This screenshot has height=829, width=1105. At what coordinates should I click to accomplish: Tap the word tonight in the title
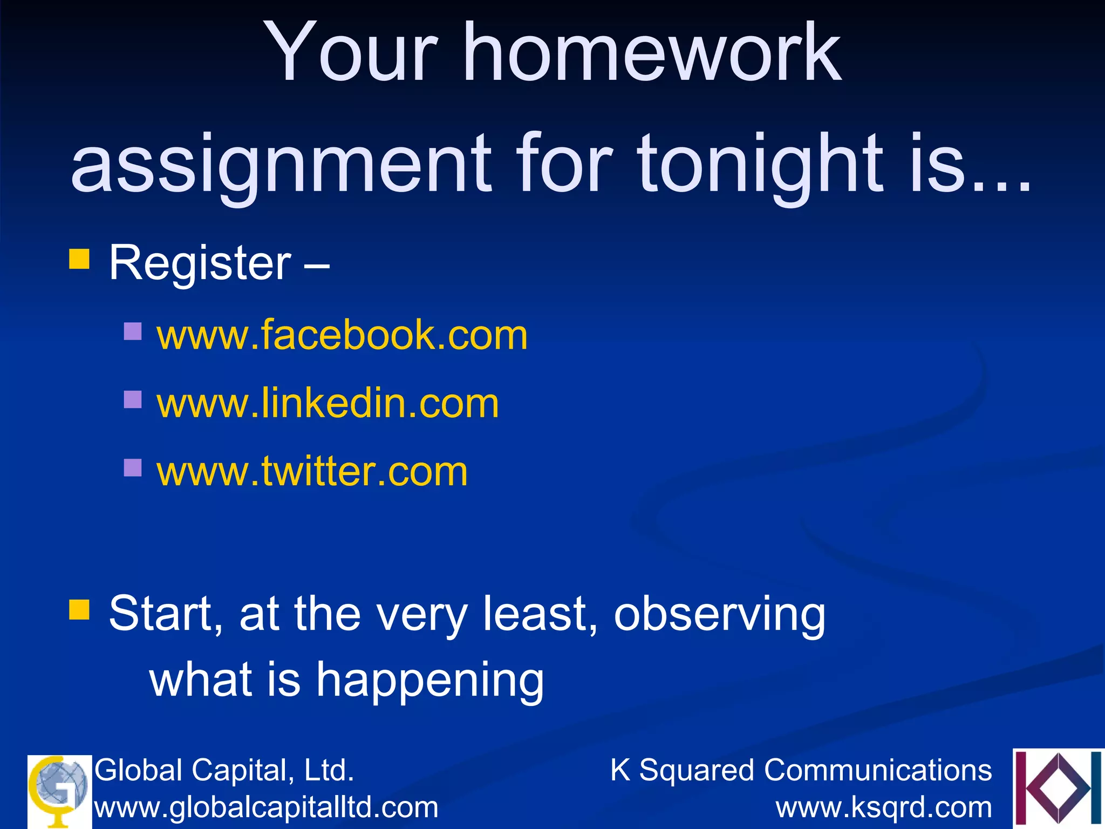pos(761,165)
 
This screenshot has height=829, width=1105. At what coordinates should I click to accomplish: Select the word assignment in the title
pos(281,165)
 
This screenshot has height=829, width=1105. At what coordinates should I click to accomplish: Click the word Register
pos(200,264)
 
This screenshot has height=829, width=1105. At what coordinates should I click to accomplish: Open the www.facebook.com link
pos(342,336)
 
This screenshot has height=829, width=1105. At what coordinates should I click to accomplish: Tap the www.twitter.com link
pos(312,472)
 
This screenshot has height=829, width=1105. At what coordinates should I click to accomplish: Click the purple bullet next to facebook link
pos(133,331)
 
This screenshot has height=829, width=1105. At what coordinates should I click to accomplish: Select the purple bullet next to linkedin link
pos(133,399)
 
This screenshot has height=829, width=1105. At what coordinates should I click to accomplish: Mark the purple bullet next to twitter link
pos(133,467)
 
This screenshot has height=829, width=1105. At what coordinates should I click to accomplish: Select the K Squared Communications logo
pos(1058,788)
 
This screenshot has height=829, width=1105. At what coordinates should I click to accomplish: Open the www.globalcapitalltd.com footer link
pos(266,807)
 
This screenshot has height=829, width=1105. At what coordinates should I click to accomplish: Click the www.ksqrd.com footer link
pos(884,807)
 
